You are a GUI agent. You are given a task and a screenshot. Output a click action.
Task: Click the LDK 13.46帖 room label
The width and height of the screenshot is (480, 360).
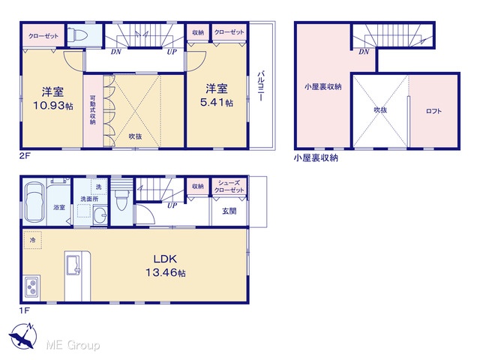(166, 265)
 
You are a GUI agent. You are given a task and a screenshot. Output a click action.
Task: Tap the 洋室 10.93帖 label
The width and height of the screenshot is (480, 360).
(53, 98)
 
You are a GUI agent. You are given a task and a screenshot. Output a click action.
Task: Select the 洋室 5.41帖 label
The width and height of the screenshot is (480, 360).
(217, 95)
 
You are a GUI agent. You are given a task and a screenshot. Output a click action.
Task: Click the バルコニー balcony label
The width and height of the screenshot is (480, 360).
(261, 86)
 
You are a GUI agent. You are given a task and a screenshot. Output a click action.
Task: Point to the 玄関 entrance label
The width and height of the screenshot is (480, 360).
(229, 211)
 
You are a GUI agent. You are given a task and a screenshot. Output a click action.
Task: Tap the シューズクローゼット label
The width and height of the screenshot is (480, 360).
(229, 187)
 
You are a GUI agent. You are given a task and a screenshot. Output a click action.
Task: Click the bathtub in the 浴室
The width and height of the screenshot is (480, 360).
(34, 202)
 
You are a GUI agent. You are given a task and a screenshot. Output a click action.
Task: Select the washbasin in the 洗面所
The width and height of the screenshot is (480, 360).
(100, 215)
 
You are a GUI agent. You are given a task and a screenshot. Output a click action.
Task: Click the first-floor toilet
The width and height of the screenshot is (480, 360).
(121, 200)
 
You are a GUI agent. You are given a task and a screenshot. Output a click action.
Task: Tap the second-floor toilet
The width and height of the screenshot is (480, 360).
(77, 35)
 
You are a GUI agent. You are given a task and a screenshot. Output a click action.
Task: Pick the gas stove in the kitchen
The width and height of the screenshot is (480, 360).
(31, 286)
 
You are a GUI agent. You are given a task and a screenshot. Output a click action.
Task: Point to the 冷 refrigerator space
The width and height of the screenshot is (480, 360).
(33, 240)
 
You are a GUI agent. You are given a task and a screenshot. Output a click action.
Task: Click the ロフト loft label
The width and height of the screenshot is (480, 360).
(433, 111)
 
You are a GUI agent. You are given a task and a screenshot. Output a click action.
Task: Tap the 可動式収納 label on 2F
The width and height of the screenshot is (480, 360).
(92, 110)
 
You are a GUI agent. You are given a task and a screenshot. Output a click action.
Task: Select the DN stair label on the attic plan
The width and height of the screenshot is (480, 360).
(364, 52)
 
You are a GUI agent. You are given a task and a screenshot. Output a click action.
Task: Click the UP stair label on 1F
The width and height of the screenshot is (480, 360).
(172, 205)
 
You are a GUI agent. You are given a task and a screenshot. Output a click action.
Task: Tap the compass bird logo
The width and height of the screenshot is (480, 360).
(23, 336)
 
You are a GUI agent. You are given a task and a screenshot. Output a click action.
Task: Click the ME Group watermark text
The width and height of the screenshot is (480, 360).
(73, 346)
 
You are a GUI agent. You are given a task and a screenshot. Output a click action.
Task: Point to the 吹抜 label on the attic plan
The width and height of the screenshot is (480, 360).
(380, 110)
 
